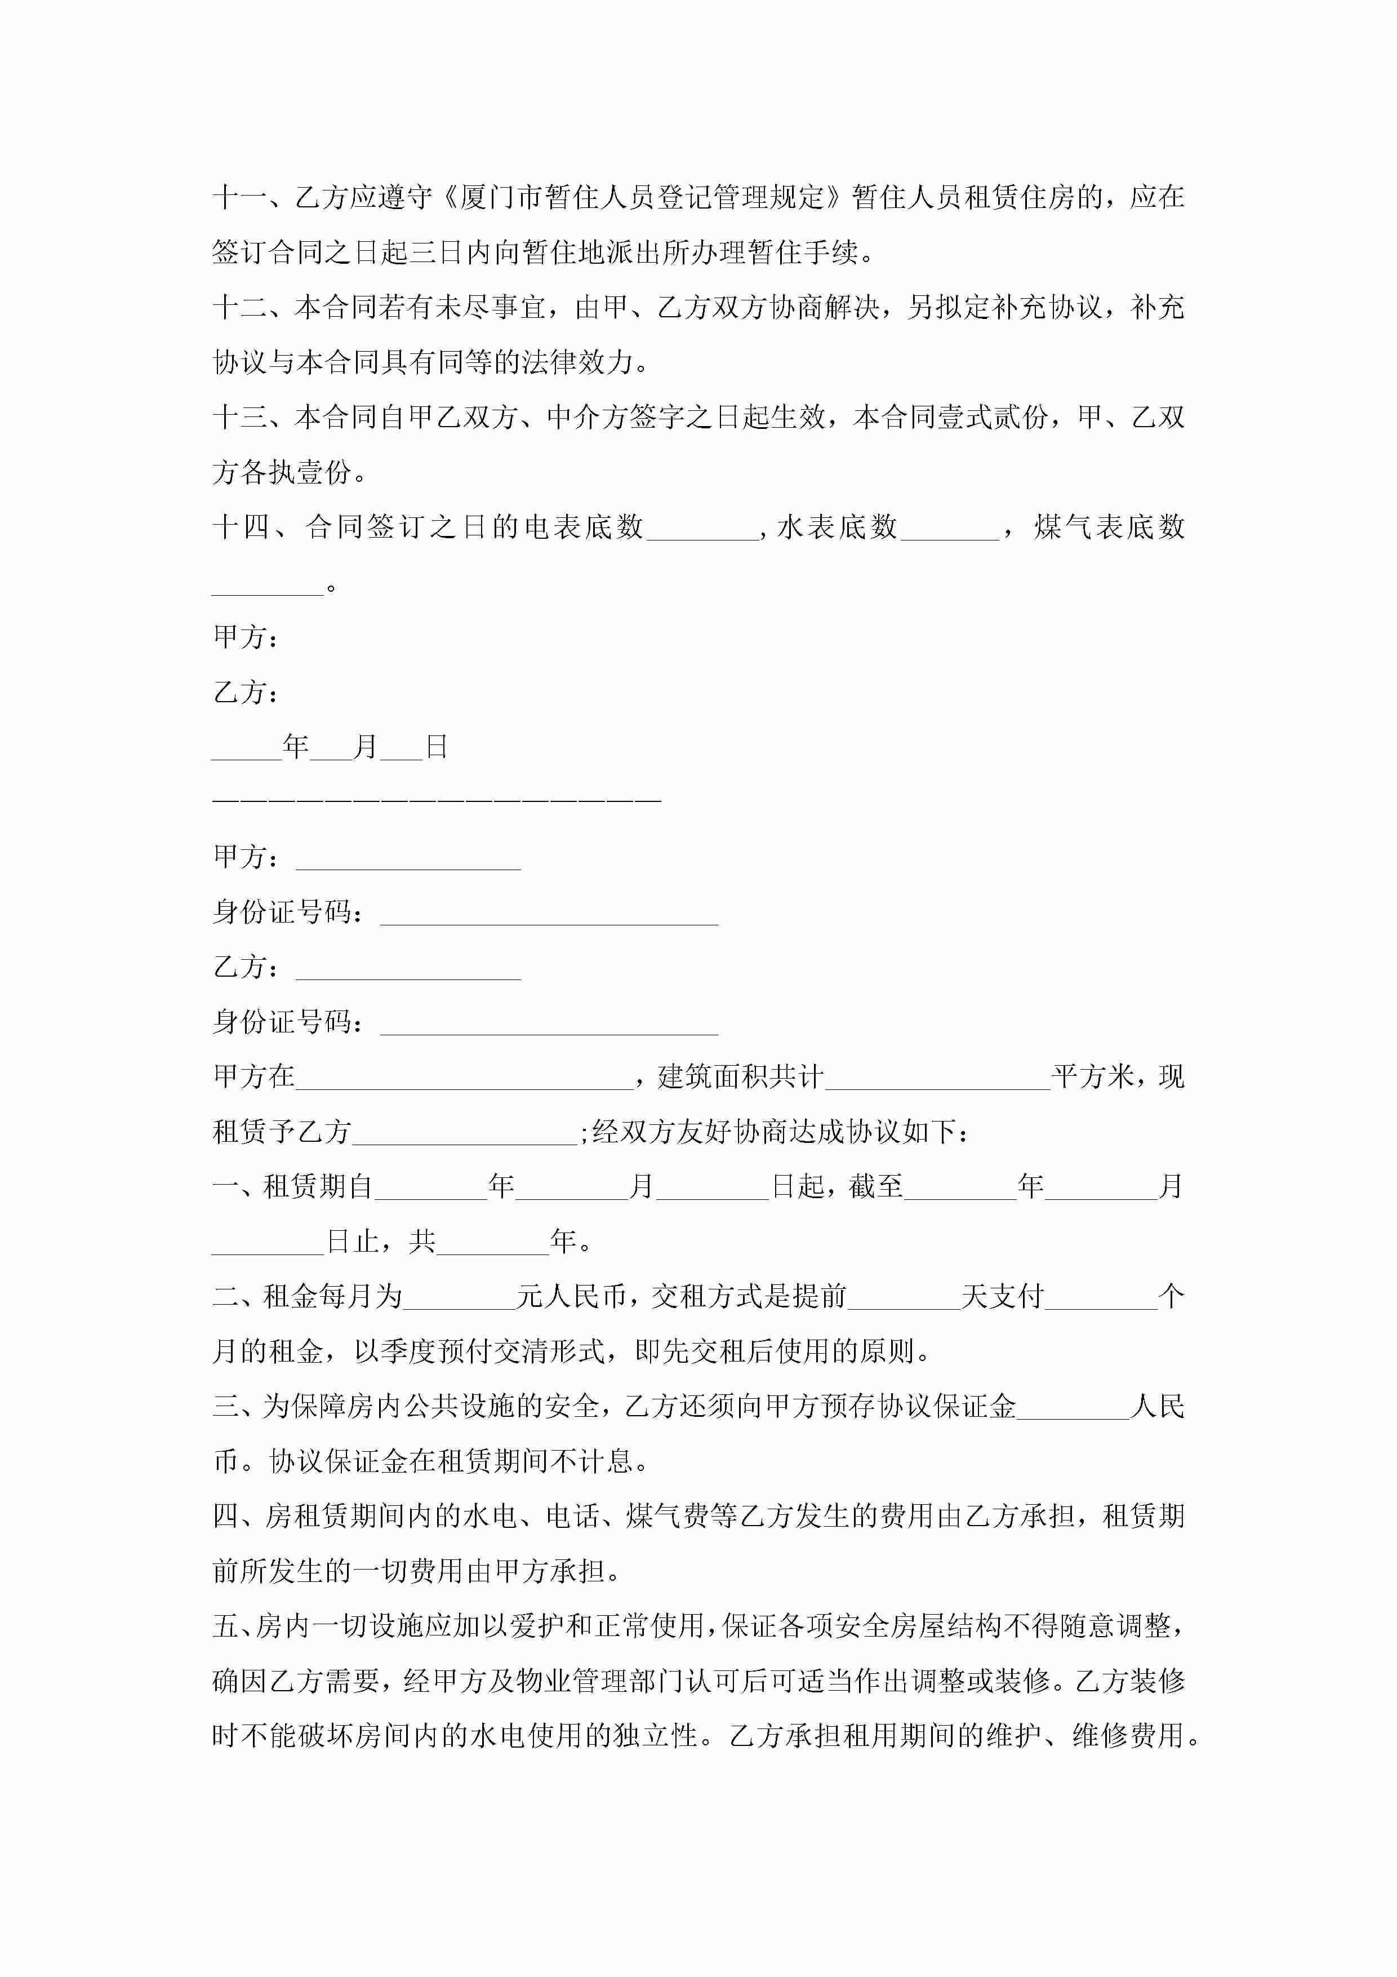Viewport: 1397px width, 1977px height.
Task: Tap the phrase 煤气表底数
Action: [x=1109, y=527]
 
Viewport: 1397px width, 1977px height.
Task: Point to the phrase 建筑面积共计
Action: [x=740, y=1076]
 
